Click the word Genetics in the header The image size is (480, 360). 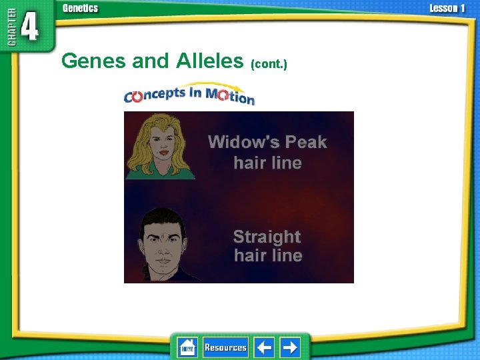click(80, 8)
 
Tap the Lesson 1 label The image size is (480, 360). click(447, 8)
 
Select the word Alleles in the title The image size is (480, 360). click(210, 61)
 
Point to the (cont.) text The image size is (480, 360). click(269, 64)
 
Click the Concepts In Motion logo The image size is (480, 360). click(189, 96)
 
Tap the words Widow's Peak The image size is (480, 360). click(267, 141)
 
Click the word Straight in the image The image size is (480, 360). click(267, 237)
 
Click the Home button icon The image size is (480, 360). click(187, 347)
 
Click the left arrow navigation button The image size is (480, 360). click(265, 347)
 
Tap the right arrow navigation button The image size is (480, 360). click(290, 347)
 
